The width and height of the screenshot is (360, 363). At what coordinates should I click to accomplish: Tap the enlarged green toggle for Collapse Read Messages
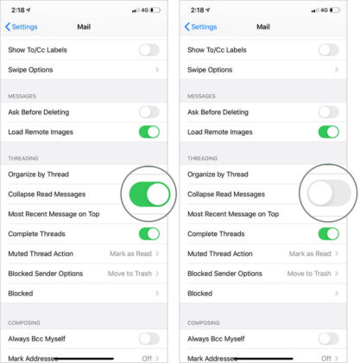tap(148, 194)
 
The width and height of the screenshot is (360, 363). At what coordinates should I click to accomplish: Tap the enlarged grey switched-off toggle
tap(327, 194)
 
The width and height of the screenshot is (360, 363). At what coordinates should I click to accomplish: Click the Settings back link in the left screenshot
tap(24, 27)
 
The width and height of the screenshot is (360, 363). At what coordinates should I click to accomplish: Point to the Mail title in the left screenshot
tap(84, 27)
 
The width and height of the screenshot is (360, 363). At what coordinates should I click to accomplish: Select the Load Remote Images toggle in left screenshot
tap(148, 132)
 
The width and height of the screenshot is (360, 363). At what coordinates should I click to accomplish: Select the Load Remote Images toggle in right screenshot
tap(328, 132)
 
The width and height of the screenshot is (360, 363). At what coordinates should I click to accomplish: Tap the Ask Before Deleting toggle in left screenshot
tap(148, 112)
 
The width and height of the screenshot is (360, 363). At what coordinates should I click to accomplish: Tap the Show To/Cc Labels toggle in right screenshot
tap(328, 50)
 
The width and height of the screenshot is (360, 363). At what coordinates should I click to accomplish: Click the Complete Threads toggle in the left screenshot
tap(148, 233)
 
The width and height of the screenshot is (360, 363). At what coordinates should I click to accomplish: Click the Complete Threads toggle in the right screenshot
tap(328, 233)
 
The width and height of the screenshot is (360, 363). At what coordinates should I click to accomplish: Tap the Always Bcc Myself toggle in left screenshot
tap(148, 339)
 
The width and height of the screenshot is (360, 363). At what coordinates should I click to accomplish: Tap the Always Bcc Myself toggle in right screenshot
tap(328, 339)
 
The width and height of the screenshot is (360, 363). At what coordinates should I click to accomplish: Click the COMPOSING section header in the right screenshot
tap(205, 322)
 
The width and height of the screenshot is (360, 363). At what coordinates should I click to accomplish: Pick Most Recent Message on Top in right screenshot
tap(233, 213)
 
